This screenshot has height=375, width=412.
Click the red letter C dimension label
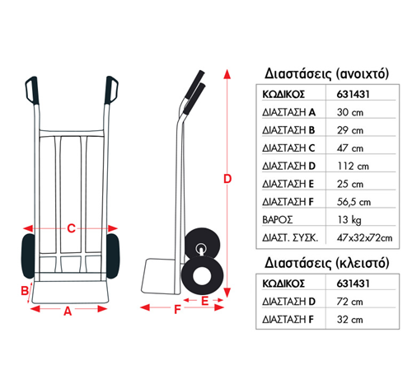click(72, 228)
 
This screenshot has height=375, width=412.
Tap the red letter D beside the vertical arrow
click(227, 179)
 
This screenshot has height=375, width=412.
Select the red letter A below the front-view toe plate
click(68, 312)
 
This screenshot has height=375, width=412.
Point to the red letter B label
click(25, 290)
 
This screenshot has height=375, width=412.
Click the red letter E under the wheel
click(205, 301)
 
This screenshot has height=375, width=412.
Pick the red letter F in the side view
click(177, 309)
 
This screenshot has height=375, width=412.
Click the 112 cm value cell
click(353, 166)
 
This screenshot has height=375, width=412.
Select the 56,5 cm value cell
click(353, 202)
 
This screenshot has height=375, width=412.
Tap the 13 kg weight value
click(349, 220)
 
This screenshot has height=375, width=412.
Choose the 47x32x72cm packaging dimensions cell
click(364, 237)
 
